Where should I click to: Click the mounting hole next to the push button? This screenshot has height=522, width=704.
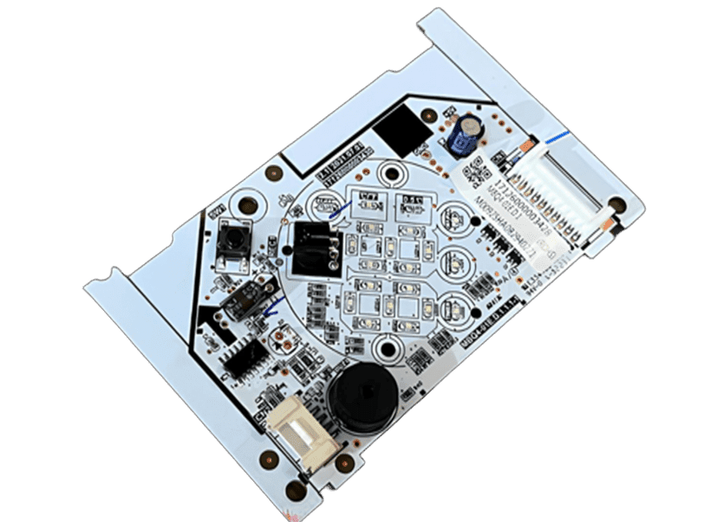[x=249, y=206]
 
